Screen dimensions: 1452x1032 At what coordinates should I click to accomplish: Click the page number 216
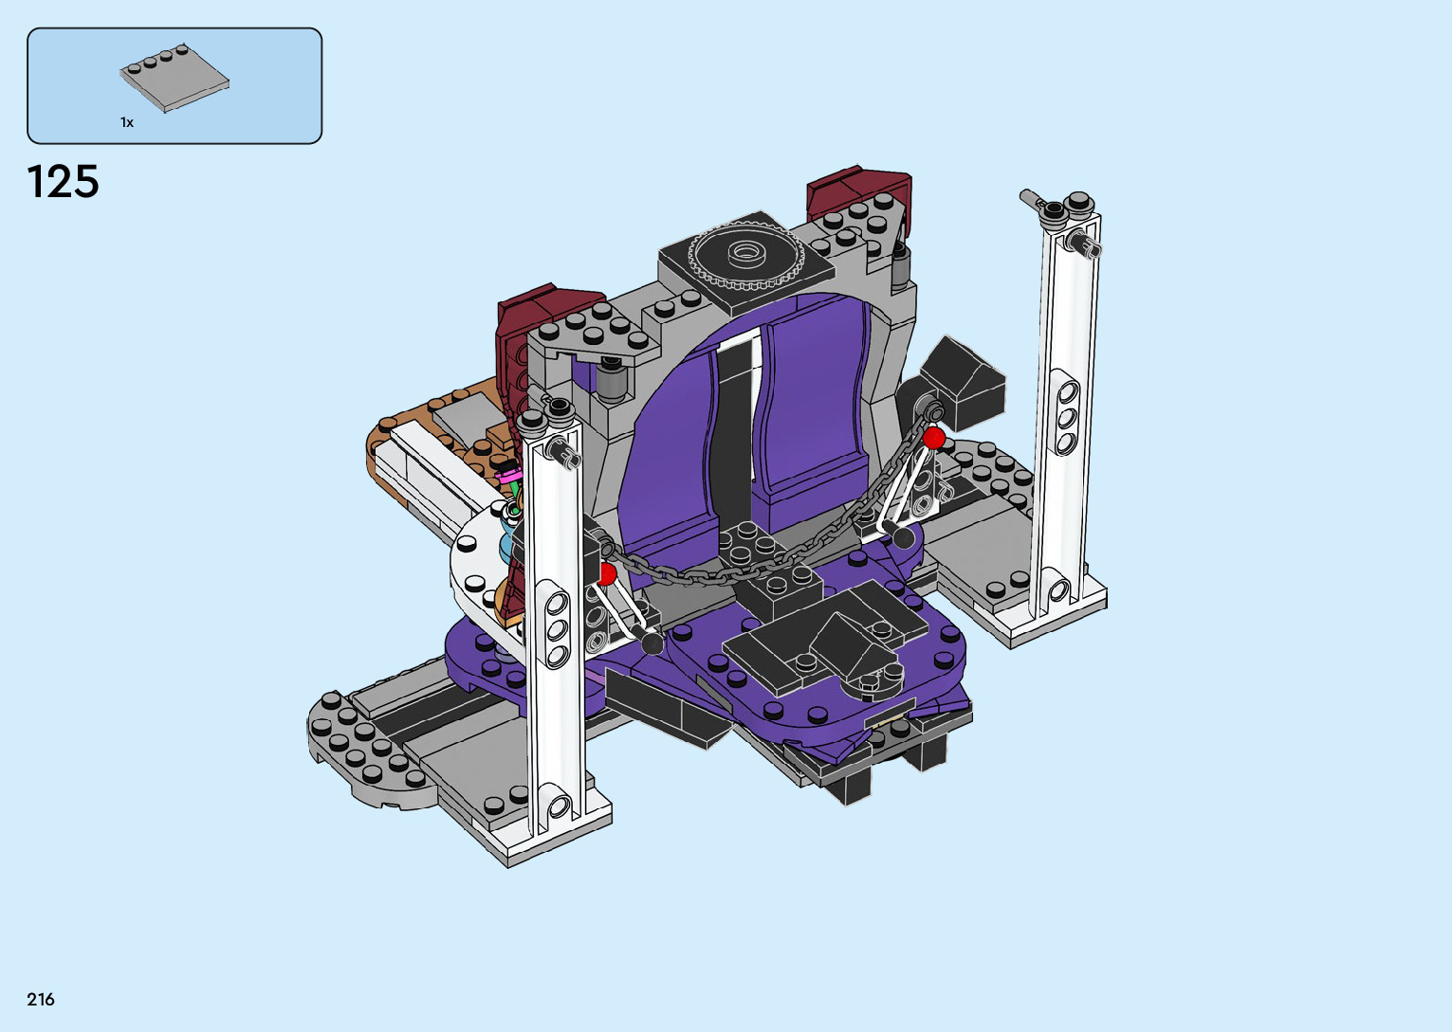pos(41,1000)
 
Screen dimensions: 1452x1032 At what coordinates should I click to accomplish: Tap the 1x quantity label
pos(127,122)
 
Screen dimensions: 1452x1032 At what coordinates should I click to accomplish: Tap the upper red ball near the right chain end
pos(933,438)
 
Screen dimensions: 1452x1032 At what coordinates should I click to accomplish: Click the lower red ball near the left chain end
pos(606,574)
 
